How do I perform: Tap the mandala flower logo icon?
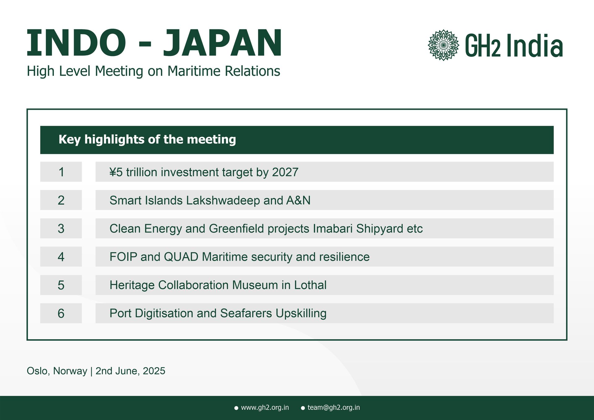(443, 45)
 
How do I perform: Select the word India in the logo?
(534, 46)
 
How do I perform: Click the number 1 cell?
(61, 172)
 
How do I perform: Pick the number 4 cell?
(61, 257)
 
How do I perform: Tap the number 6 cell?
(61, 313)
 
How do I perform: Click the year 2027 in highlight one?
(285, 172)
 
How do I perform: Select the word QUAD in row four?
(181, 257)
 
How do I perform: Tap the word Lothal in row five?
(310, 285)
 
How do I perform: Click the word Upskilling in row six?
(301, 313)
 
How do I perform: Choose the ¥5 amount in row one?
(116, 172)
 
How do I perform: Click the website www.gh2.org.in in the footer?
(265, 408)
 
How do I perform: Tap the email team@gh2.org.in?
(334, 408)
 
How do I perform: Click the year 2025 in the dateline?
(154, 371)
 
